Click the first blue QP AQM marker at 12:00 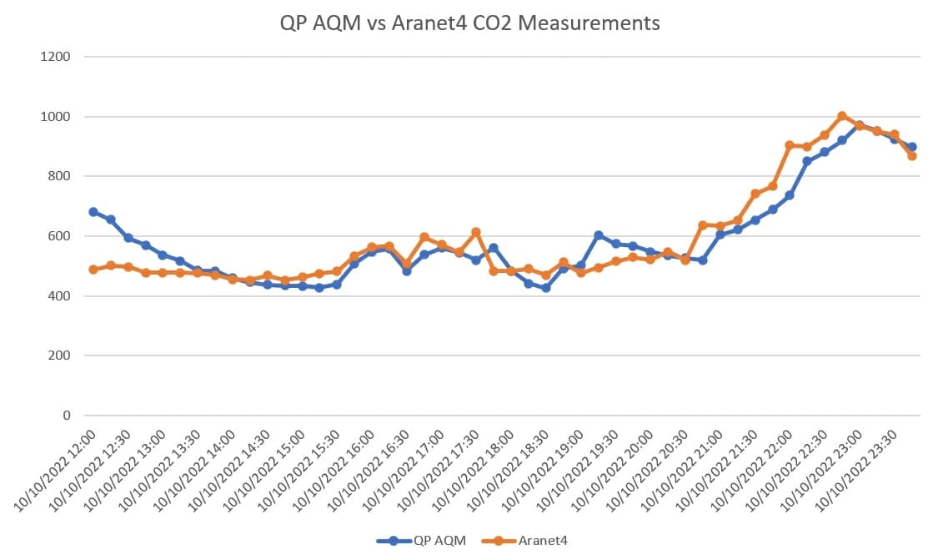93,212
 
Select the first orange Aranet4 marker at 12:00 93,270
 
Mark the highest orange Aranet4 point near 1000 842,116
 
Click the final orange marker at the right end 912,156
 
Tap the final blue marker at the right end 912,147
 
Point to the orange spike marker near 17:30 476,232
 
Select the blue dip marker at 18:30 546,288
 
